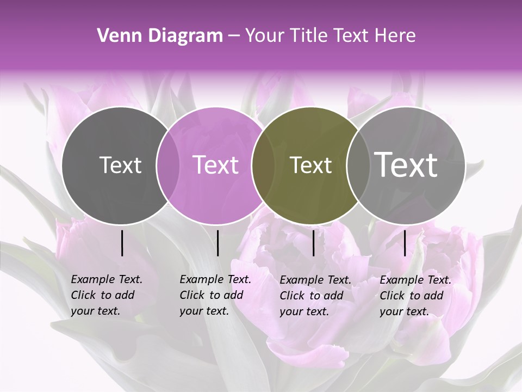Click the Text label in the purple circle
click(x=215, y=165)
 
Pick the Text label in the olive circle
click(x=310, y=165)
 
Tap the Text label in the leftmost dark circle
click(x=120, y=165)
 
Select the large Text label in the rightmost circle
click(x=406, y=164)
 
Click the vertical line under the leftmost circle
click(x=122, y=243)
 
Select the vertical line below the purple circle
click(x=217, y=243)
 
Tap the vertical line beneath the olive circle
click(x=313, y=243)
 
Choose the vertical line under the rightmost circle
click(x=405, y=243)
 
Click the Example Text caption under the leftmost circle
click(x=106, y=295)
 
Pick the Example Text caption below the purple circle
click(x=215, y=295)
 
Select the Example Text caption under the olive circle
click(x=315, y=296)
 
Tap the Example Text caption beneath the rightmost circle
click(x=415, y=296)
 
